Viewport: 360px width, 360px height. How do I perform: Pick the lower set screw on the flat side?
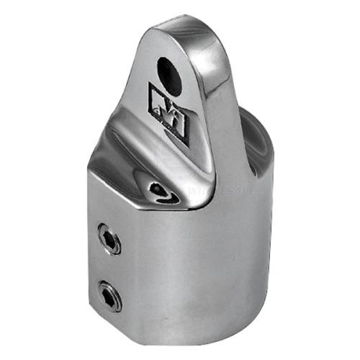pos(110,295)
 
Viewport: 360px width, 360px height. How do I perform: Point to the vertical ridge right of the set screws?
pos(133,266)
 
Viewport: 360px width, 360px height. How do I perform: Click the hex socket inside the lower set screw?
pos(110,296)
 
